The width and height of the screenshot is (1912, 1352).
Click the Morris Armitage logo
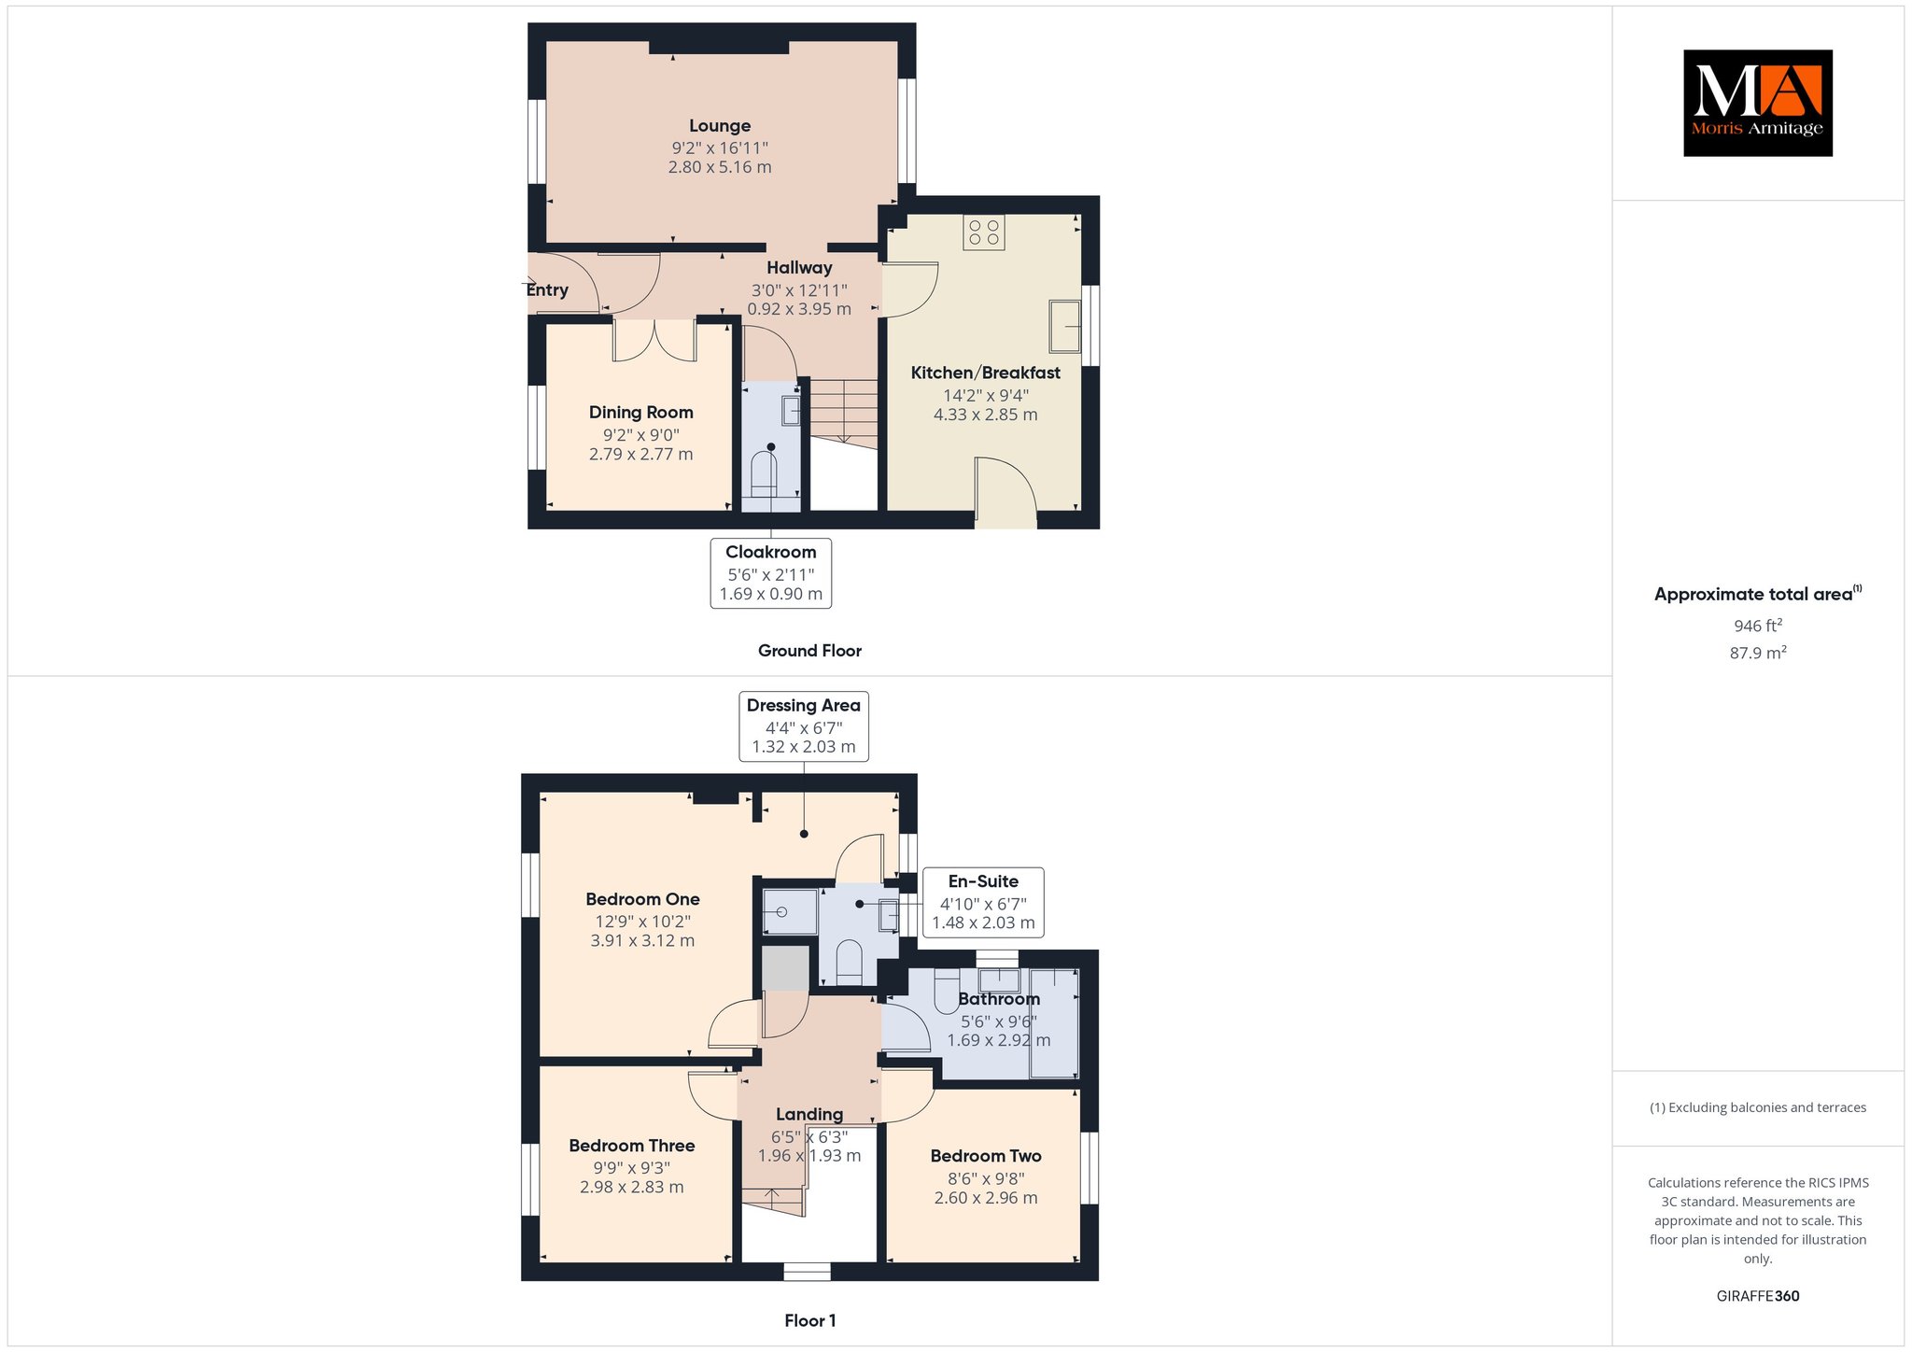(1757, 103)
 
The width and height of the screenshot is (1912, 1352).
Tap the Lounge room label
(720, 126)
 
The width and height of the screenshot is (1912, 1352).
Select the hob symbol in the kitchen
(984, 232)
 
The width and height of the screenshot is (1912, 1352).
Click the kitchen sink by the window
(1064, 326)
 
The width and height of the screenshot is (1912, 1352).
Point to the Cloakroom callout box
(771, 572)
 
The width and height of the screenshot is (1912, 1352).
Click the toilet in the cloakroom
(765, 473)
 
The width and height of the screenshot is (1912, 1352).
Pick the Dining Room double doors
(654, 340)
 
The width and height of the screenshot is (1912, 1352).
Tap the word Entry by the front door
(547, 290)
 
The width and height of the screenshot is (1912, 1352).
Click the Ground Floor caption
(809, 651)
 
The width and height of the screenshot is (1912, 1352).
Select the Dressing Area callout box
(804, 726)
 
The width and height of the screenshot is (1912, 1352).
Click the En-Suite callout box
(983, 902)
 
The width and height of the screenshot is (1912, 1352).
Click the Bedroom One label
(642, 899)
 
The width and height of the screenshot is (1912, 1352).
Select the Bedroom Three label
(632, 1146)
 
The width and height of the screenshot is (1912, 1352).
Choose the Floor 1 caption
(810, 1320)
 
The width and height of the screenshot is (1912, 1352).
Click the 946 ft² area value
(1758, 626)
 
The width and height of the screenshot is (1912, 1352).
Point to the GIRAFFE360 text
(1758, 1296)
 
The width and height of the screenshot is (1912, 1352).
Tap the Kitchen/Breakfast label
(986, 373)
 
